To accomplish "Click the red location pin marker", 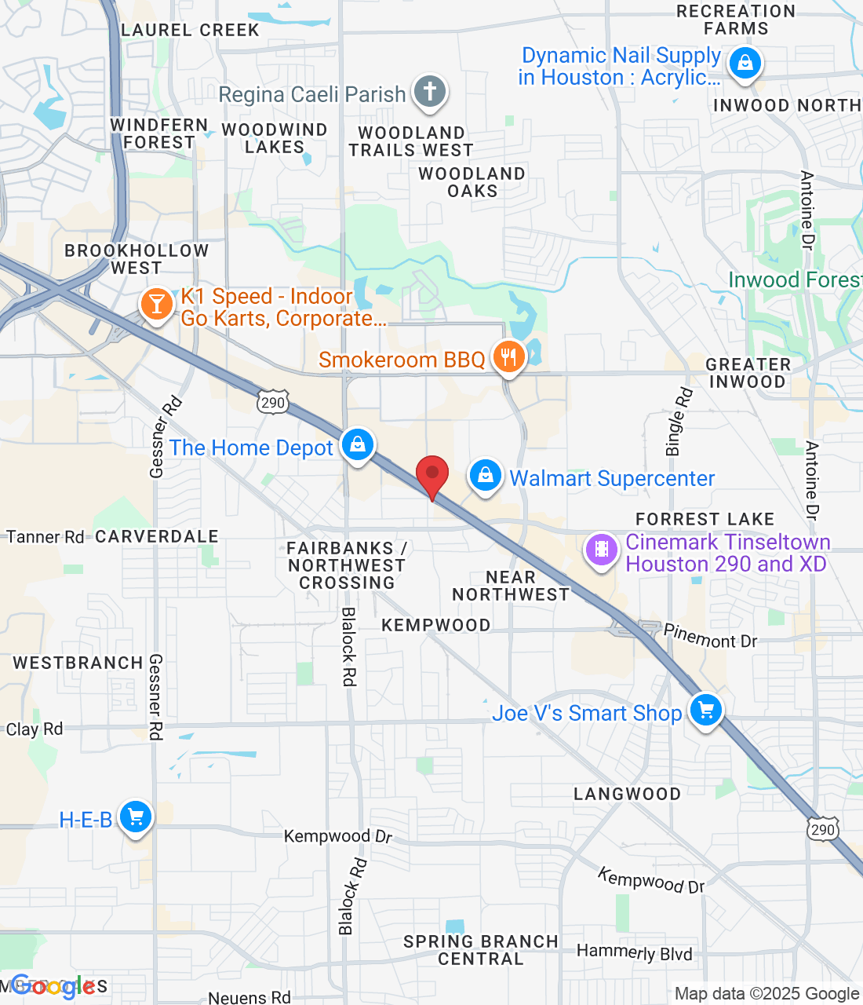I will tap(431, 476).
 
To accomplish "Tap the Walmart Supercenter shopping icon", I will tap(486, 476).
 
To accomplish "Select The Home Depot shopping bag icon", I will tap(358, 445).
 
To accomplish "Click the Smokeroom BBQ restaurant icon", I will tap(509, 357).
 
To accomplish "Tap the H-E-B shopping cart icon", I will tap(136, 817).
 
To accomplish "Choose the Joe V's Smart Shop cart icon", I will tap(705, 710).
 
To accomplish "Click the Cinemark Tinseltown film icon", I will tap(602, 550).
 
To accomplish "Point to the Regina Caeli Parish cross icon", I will tap(429, 92).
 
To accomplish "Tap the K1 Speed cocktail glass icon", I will tap(157, 304).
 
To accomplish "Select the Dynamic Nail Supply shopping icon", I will tap(745, 62).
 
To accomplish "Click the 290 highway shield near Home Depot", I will tap(273, 403).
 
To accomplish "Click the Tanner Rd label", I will tap(45, 537).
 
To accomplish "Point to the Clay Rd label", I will tap(35, 729).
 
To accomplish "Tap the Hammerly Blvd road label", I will tap(634, 952).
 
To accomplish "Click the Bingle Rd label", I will tap(679, 422).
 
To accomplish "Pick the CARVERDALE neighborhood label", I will tap(157, 537).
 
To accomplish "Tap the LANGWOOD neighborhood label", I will tap(627, 794).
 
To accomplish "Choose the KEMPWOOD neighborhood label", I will tap(435, 625).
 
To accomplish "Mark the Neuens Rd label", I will tap(249, 997).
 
